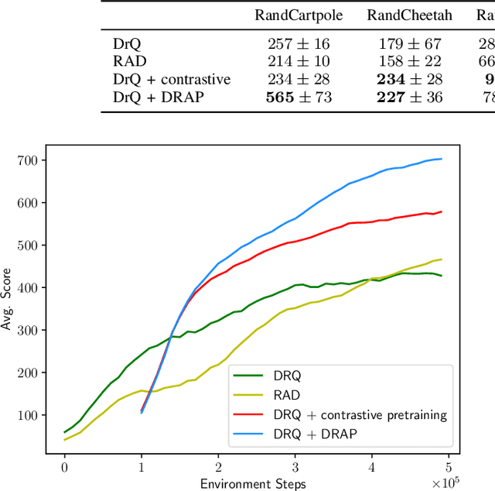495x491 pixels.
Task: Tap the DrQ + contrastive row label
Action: (172, 79)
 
